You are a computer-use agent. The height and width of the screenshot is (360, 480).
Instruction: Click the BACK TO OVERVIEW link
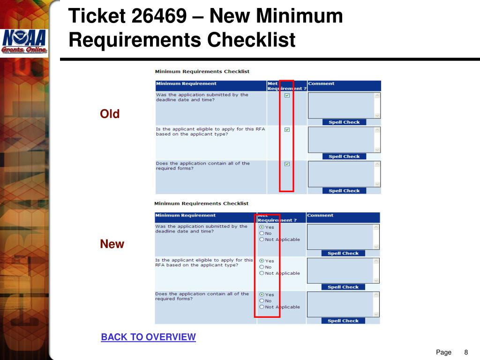click(x=148, y=337)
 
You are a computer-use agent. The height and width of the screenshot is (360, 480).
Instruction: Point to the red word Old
click(x=110, y=114)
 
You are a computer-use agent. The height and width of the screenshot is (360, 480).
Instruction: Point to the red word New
click(x=112, y=244)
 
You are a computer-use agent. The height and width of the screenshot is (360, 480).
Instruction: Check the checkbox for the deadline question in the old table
click(x=287, y=96)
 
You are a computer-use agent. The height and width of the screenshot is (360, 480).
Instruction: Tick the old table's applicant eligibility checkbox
click(x=287, y=130)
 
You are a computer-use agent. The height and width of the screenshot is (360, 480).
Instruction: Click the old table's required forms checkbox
click(x=287, y=164)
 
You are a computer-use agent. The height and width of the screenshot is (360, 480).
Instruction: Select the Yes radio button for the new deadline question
click(x=262, y=227)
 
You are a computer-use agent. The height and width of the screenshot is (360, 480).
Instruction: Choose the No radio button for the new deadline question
click(x=262, y=233)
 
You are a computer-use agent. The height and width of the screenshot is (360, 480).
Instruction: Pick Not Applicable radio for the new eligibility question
click(x=262, y=273)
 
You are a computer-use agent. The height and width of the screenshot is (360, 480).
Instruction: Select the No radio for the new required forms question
click(x=262, y=300)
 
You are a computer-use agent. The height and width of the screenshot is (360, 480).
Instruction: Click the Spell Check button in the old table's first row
click(x=344, y=122)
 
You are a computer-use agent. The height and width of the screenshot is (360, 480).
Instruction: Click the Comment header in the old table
click(x=321, y=83)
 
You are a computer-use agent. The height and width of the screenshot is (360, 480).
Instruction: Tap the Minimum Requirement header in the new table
click(x=186, y=215)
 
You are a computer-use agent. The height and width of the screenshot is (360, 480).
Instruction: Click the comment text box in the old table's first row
click(x=344, y=105)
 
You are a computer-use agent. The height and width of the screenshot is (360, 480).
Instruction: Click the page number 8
click(x=466, y=352)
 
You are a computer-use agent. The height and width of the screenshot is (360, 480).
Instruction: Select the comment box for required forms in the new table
click(x=343, y=304)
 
